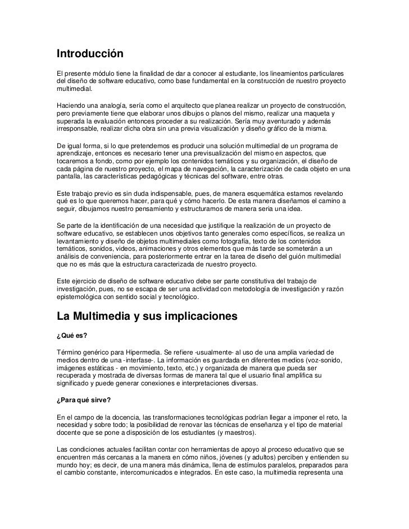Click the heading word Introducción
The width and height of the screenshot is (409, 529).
coord(89,55)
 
